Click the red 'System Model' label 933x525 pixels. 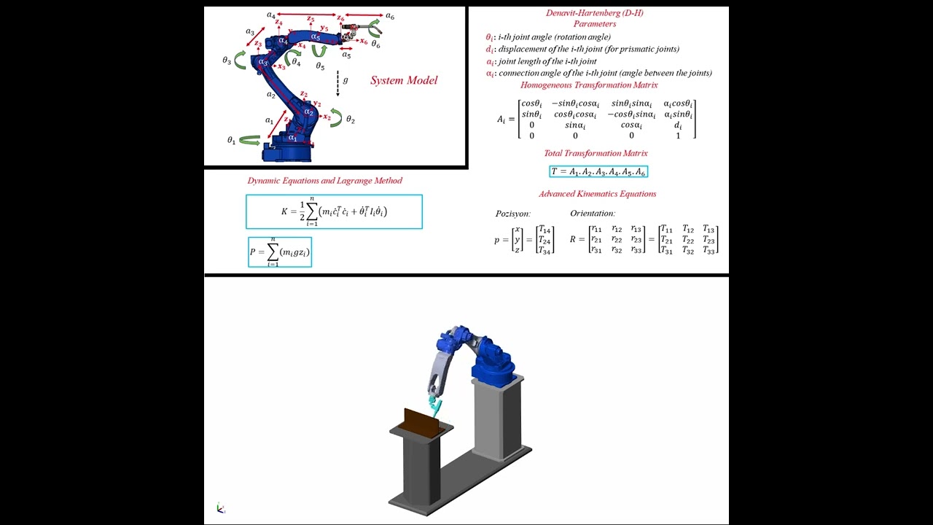coord(404,80)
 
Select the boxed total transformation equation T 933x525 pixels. coord(598,171)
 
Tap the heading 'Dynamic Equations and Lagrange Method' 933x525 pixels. coord(324,181)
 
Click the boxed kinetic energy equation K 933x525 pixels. coord(334,211)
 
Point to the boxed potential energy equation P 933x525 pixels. coord(280,252)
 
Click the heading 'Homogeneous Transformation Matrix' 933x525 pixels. coord(589,85)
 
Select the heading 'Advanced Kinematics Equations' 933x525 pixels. coord(597,194)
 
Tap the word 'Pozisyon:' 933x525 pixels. coord(513,214)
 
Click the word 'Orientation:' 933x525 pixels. coord(593,214)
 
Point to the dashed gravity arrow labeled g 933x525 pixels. coord(337,84)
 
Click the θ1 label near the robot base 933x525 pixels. coord(232,140)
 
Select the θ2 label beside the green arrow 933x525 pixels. coord(351,120)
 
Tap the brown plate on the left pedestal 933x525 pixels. coord(421,422)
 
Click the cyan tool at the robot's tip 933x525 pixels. coord(436,400)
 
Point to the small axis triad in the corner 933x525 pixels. coord(221,508)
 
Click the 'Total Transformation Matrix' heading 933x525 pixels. coord(596,153)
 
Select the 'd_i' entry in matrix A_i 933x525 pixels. coord(678,125)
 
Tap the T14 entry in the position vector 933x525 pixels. coord(544,229)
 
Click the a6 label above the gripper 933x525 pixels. coord(391,16)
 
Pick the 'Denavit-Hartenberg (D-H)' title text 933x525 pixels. coord(594,13)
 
